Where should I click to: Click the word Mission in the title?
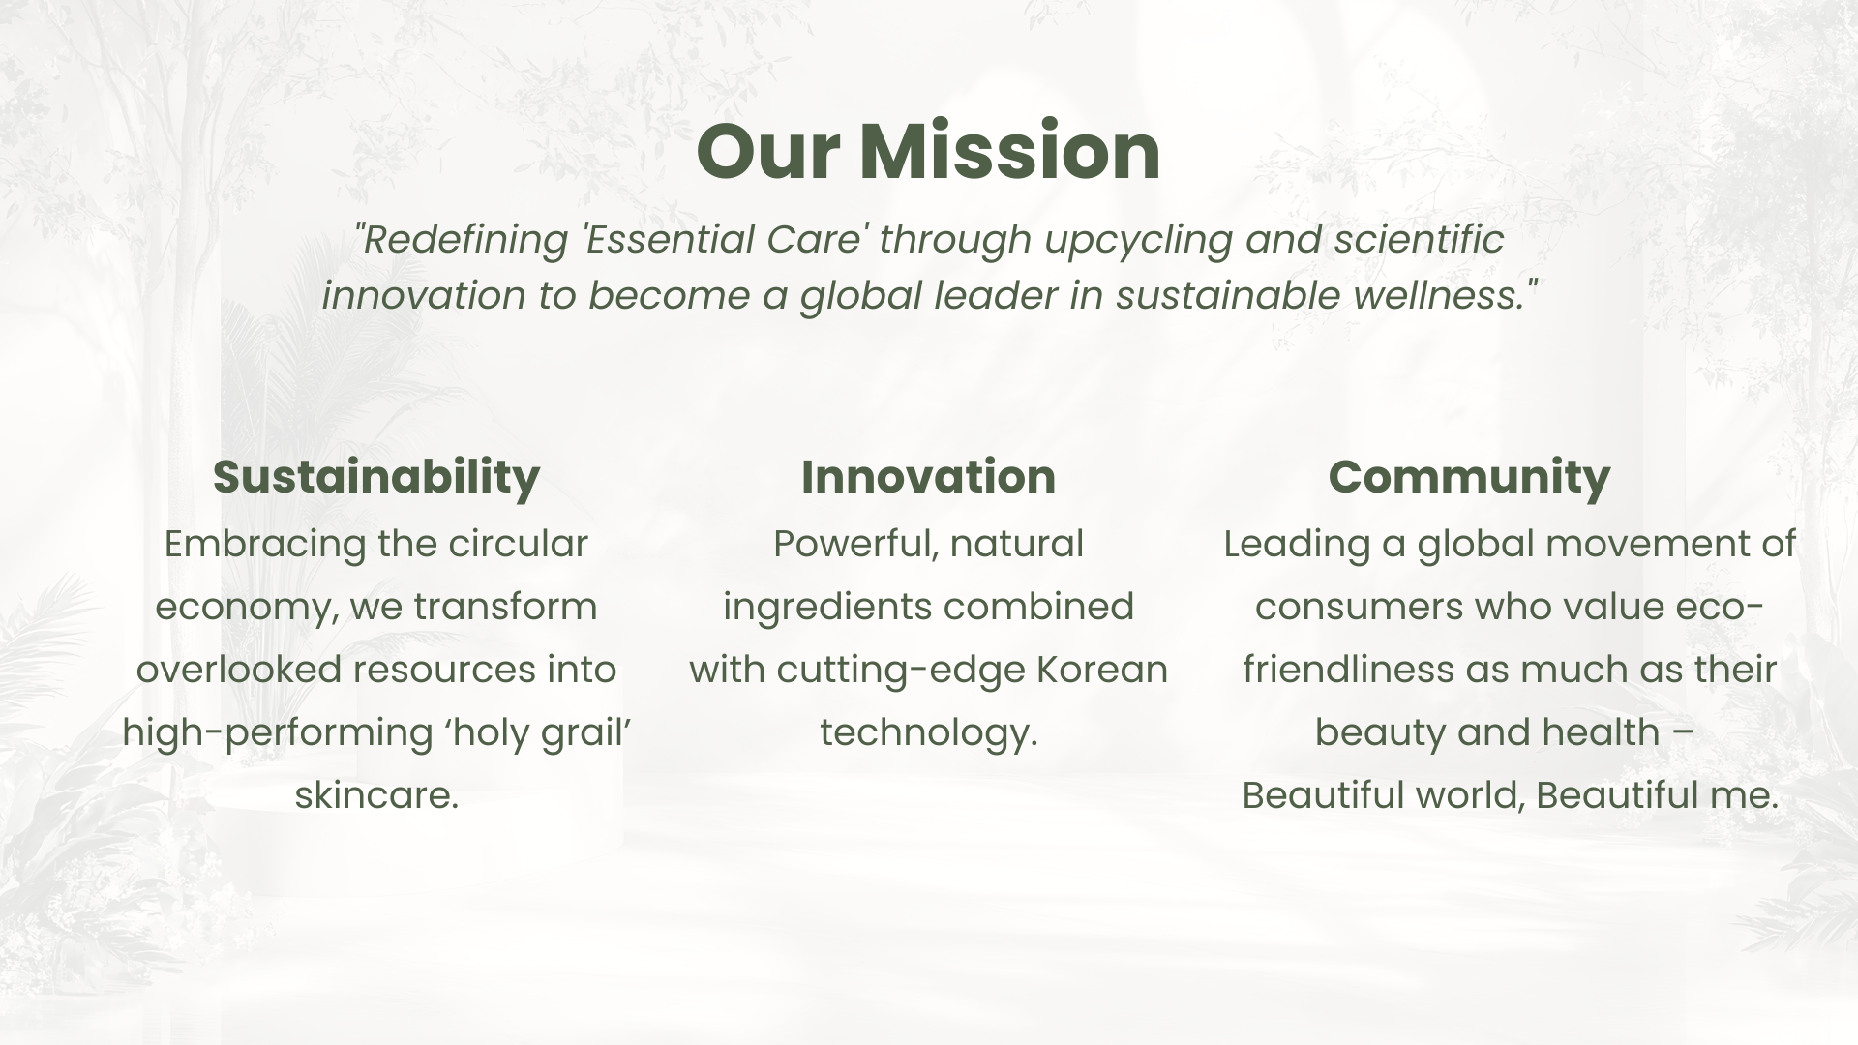(x=1009, y=152)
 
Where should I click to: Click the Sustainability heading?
(x=376, y=477)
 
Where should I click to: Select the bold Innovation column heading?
(x=929, y=476)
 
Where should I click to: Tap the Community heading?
(x=1469, y=477)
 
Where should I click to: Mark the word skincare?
(x=376, y=795)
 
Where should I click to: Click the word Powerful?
(x=855, y=545)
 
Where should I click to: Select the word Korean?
(x=1102, y=670)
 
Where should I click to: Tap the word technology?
(x=929, y=733)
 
